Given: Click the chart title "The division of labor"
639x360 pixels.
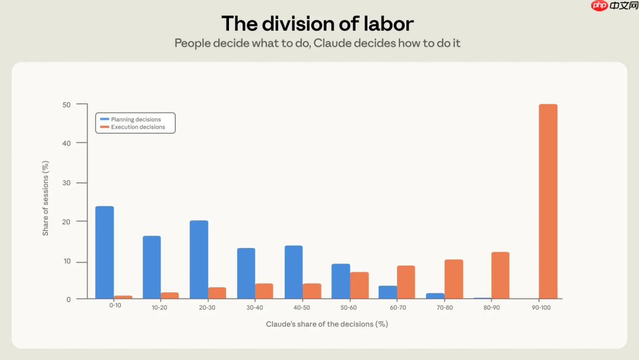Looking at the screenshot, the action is point(318,23).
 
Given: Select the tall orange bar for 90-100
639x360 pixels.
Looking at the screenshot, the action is point(548,201).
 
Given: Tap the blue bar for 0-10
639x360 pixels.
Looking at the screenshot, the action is point(105,252).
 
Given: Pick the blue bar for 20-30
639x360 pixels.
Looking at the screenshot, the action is point(199,260).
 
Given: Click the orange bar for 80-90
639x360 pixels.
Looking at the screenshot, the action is point(501,275).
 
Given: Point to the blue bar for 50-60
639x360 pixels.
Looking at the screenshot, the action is point(341,281).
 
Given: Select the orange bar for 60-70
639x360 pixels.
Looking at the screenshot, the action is point(406,282).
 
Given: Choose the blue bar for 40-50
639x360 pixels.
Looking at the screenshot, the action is point(293,272).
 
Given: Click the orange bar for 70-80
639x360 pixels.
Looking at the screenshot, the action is point(454,279).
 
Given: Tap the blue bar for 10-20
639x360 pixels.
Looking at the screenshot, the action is point(151,267).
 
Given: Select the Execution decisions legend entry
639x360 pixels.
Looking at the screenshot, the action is point(133,127).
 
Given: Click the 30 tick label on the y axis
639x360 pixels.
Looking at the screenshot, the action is point(66,183).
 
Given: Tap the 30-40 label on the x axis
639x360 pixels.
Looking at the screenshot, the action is point(254,307).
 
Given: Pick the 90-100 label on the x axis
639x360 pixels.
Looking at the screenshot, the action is point(541,307).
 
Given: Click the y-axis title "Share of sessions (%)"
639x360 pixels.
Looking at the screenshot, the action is point(45,198).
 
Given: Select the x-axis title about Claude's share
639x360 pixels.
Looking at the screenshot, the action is point(327,324).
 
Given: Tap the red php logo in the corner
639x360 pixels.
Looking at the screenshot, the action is point(599,5).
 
